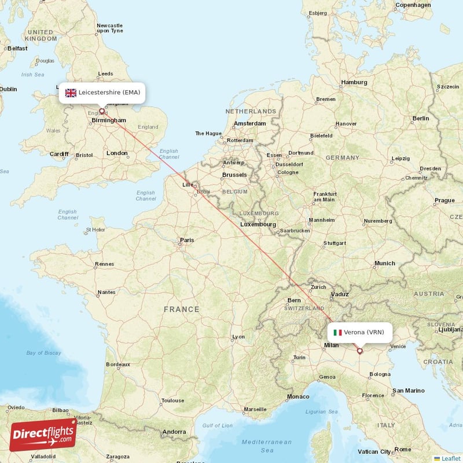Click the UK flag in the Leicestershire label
click(71, 93)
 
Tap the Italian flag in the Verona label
click(337, 332)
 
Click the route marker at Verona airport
click(359, 351)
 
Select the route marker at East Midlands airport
click(102, 111)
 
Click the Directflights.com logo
click(43, 435)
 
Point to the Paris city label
click(186, 240)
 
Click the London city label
click(117, 153)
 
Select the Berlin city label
click(421, 118)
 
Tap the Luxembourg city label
click(259, 224)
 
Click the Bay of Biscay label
click(43, 352)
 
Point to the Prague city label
click(444, 201)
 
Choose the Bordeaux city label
click(117, 365)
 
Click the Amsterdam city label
click(250, 123)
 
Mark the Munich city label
click(385, 263)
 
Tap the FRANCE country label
click(181, 310)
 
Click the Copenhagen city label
click(413, 5)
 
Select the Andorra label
click(174, 432)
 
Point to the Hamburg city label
click(354, 82)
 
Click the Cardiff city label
click(59, 154)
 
